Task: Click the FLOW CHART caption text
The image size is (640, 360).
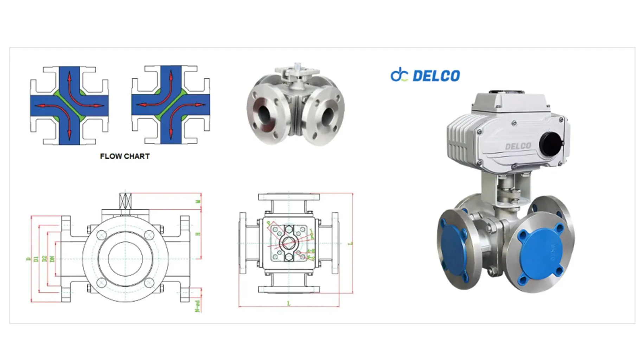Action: (x=125, y=156)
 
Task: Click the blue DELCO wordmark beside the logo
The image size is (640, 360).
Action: (x=436, y=76)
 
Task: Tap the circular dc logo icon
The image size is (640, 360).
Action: (x=399, y=75)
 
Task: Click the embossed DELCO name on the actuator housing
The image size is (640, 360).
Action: (x=518, y=146)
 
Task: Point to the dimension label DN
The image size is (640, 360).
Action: (x=52, y=259)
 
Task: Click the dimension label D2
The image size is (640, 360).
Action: (x=44, y=259)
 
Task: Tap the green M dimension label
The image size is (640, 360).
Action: (x=198, y=201)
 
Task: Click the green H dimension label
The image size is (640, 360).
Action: (x=198, y=234)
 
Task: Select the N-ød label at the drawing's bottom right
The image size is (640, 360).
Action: (x=198, y=306)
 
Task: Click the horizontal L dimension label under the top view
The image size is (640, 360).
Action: (x=289, y=303)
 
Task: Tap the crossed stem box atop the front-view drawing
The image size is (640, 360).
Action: (x=125, y=201)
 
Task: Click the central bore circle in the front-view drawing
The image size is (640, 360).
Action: (x=125, y=259)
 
